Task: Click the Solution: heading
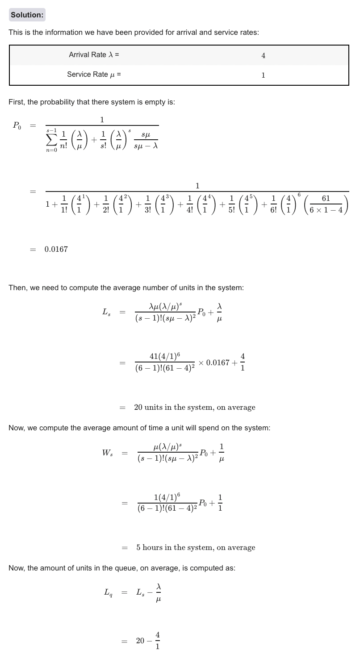[27, 15]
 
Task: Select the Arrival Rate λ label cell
[94, 55]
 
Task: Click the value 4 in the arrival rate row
[263, 56]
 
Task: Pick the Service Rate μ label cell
[94, 75]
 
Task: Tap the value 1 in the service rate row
[263, 75]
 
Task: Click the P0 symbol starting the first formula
[17, 126]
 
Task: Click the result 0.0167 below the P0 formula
[56, 249]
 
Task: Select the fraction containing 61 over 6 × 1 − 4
[326, 204]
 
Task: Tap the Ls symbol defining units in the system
[106, 313]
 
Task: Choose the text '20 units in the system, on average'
[195, 407]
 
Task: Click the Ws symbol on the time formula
[107, 453]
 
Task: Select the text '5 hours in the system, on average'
[196, 547]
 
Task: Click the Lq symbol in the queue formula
[108, 593]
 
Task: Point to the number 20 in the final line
[140, 641]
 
